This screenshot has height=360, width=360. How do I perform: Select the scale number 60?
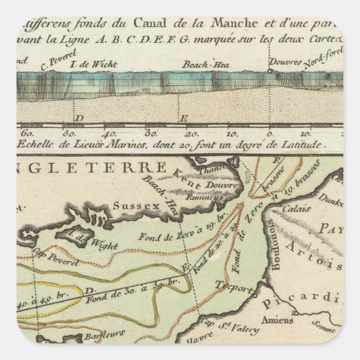coord(26,134)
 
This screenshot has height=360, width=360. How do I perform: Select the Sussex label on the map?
coord(130,205)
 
